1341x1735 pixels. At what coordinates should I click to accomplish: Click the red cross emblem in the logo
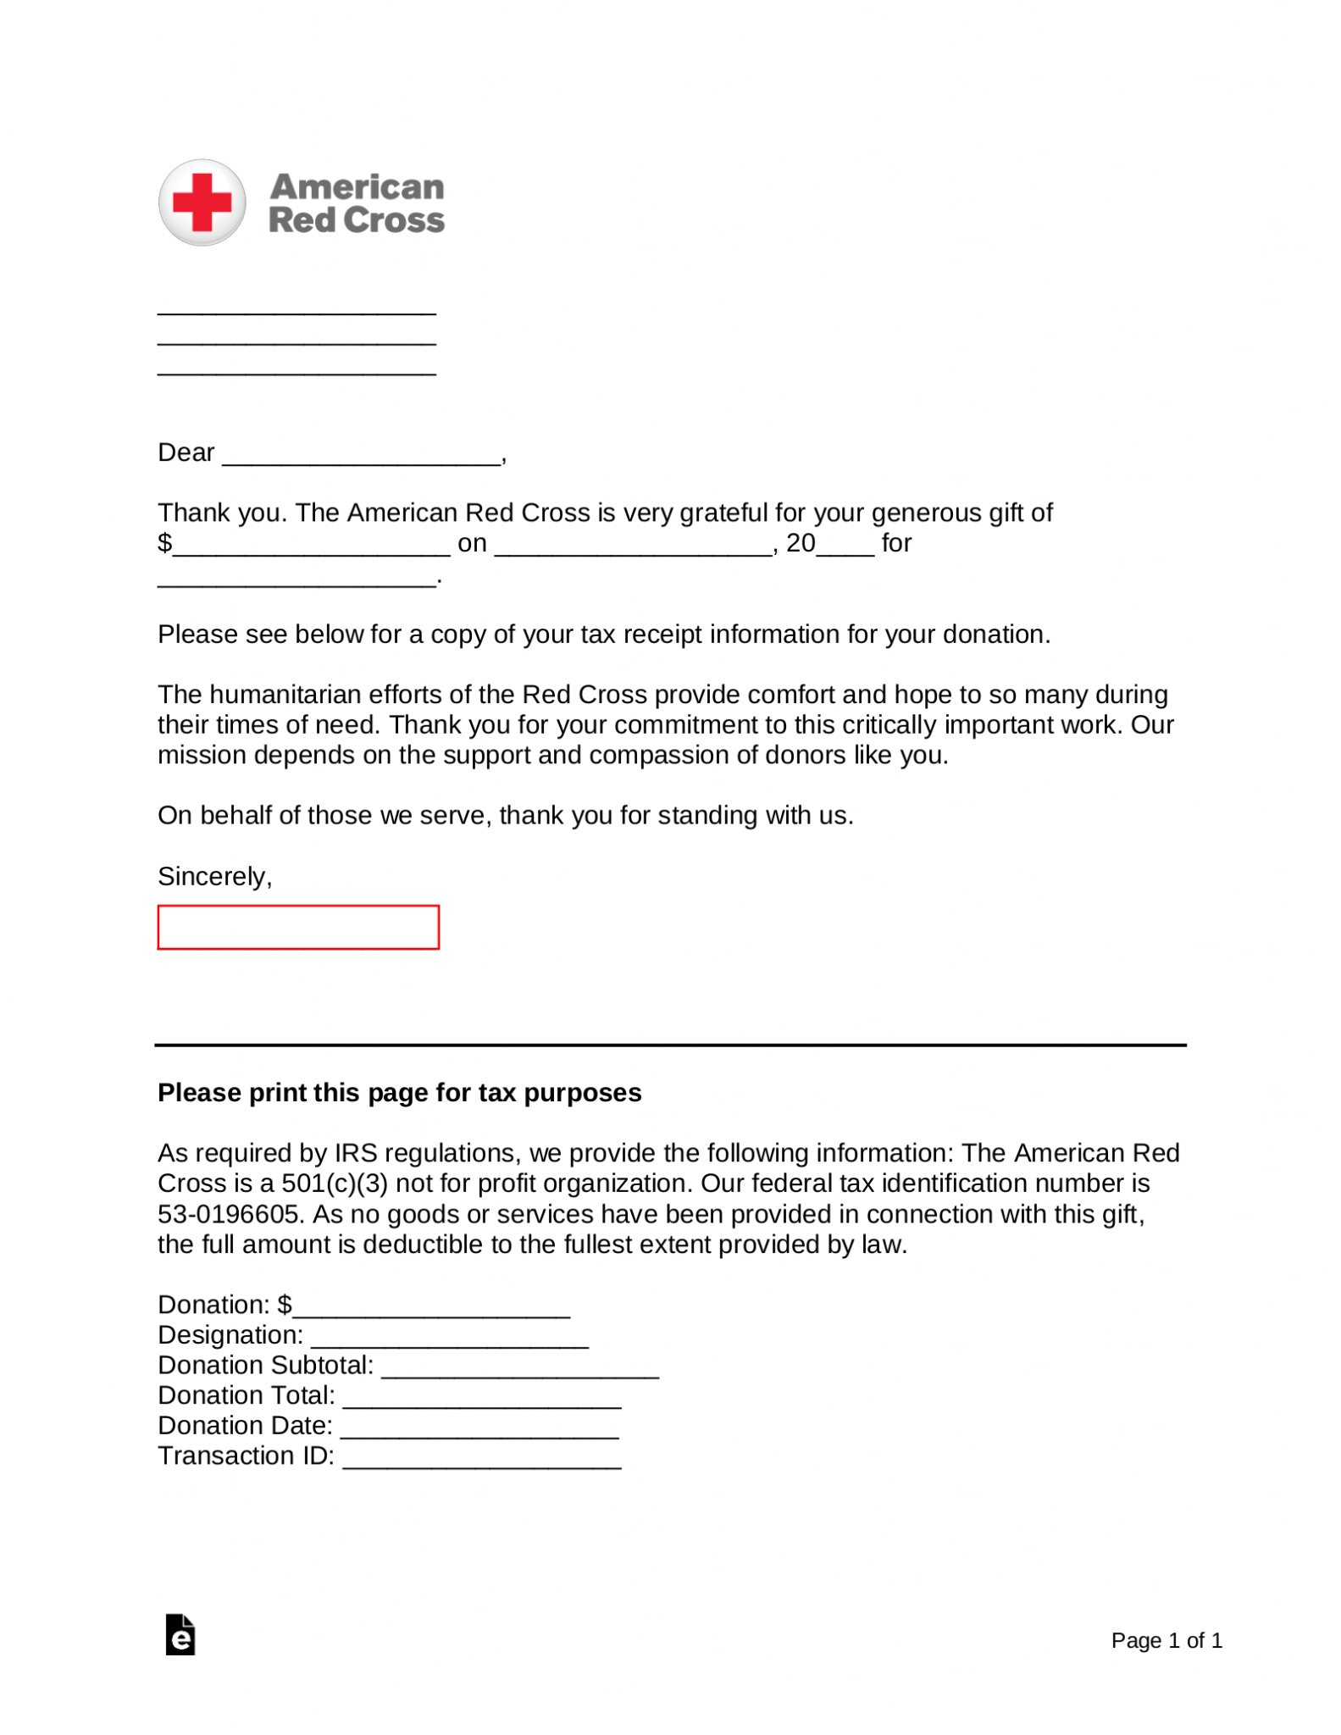coord(202,202)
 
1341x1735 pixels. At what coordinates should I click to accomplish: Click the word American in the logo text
coord(357,186)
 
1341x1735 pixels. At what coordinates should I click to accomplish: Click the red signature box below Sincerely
coord(298,927)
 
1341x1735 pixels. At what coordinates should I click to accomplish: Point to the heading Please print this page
coord(399,1093)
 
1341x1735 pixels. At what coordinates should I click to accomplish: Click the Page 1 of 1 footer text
coord(1166,1641)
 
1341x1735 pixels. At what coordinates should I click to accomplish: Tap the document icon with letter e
coord(180,1635)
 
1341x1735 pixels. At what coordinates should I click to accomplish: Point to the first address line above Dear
coord(296,312)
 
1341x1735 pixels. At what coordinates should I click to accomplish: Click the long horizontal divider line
coord(669,1045)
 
